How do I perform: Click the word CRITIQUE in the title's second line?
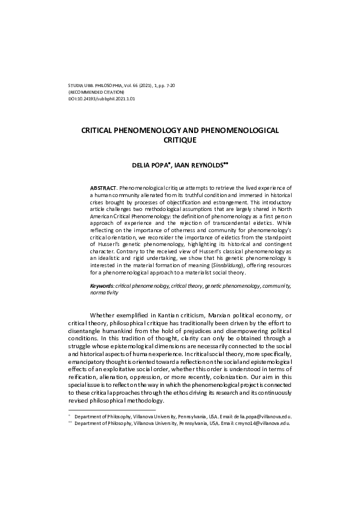(181, 140)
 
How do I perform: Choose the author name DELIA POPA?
(152, 164)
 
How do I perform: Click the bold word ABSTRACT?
(103, 189)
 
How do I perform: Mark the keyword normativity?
(104, 293)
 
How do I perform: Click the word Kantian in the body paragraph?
(172, 315)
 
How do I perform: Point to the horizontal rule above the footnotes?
(103, 410)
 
